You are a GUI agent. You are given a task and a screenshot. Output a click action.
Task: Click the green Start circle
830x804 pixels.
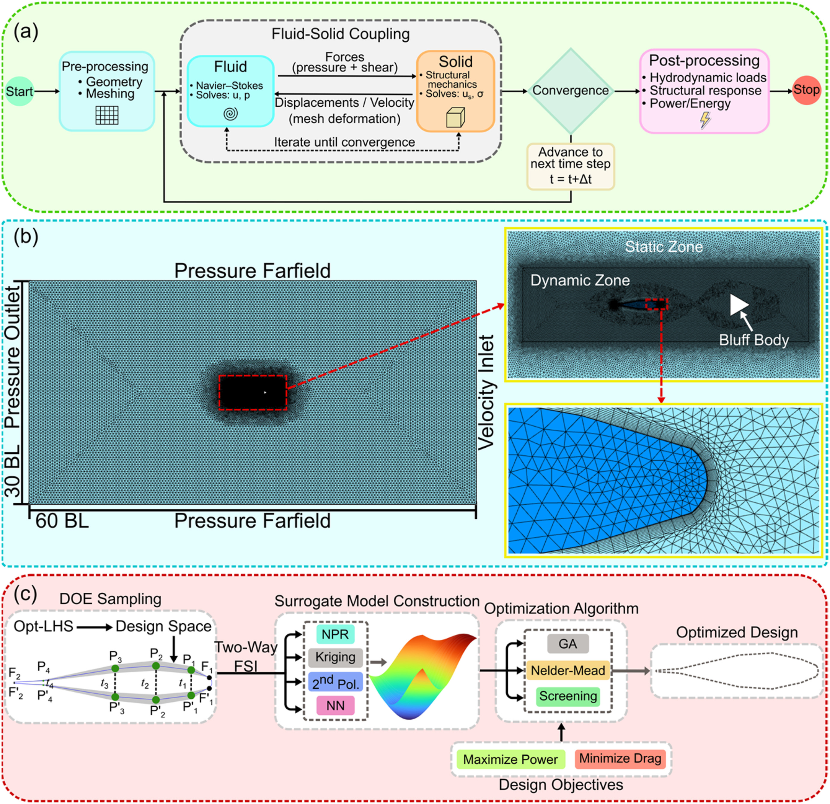[x=20, y=91]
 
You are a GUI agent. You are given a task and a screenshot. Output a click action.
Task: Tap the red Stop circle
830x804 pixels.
[x=806, y=90]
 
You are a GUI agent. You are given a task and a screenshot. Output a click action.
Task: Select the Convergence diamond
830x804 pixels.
[x=570, y=91]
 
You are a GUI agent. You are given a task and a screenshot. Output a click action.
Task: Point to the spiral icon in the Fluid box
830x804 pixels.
[x=230, y=113]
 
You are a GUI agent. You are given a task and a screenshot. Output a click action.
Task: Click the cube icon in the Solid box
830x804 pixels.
[x=456, y=117]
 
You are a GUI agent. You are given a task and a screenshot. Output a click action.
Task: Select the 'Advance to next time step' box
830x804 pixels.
[x=570, y=166]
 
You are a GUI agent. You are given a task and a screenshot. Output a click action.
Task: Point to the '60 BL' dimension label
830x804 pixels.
[x=62, y=521]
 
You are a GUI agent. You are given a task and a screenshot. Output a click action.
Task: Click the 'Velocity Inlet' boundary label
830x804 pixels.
[x=487, y=392]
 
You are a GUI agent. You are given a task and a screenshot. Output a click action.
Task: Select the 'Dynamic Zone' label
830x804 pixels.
[x=580, y=280]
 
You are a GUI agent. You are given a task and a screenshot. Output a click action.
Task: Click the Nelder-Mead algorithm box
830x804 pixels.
[x=568, y=671]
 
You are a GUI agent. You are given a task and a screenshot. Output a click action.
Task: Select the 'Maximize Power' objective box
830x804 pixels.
[x=510, y=759]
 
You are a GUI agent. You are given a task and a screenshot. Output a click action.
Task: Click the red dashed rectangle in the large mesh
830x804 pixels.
[x=253, y=375]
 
